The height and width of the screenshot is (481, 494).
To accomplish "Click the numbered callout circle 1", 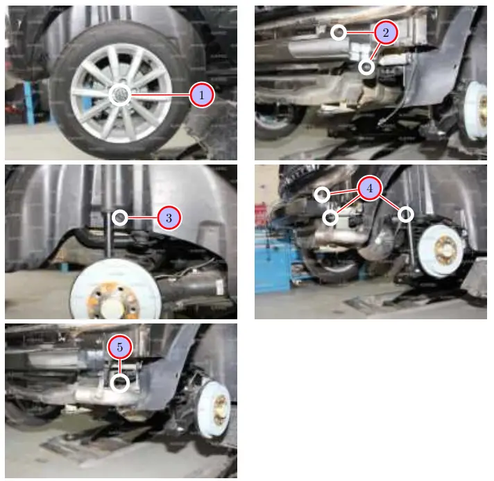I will [201, 95].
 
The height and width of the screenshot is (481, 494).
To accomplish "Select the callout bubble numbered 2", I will [386, 32].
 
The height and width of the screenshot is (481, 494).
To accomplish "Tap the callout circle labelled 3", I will [169, 218].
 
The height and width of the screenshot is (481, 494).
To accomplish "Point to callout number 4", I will [370, 188].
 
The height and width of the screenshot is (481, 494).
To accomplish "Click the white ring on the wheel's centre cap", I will [119, 94].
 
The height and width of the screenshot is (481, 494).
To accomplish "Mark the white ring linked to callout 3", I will [120, 218].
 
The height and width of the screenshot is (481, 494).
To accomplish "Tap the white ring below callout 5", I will [120, 382].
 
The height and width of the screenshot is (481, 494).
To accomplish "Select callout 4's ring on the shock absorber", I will [406, 214].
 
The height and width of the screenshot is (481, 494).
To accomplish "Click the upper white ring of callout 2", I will [339, 32].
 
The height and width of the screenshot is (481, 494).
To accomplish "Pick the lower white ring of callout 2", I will [366, 67].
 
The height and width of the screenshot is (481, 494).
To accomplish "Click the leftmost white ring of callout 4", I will [322, 195].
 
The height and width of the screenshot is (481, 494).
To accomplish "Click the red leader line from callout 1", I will [160, 94].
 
